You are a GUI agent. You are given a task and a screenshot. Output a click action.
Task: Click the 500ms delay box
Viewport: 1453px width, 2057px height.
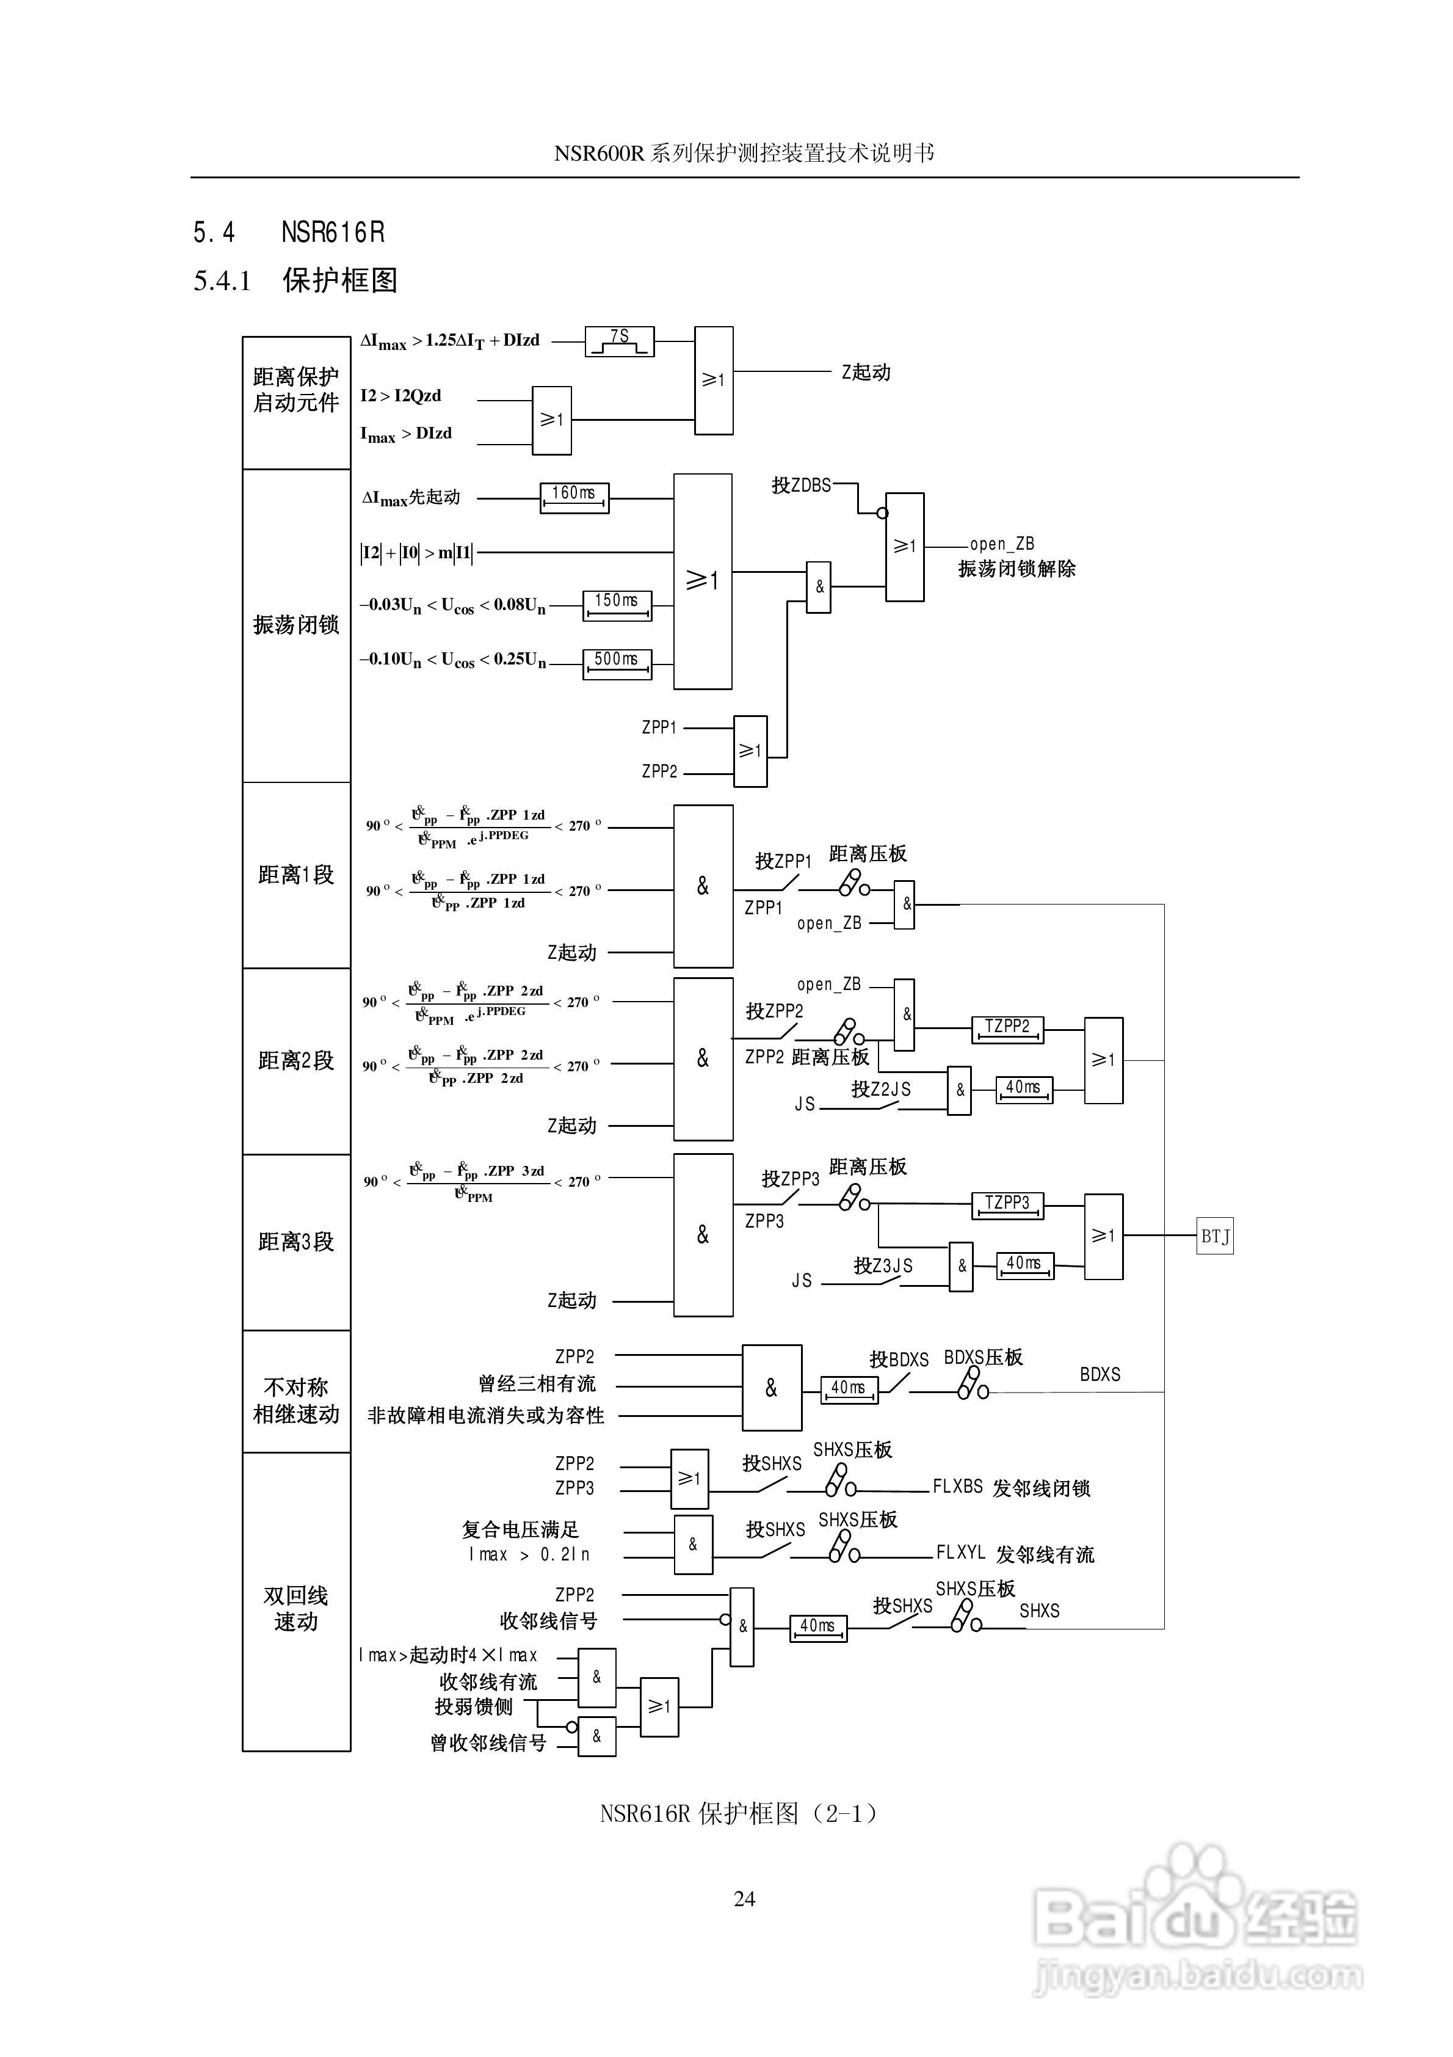click(x=617, y=663)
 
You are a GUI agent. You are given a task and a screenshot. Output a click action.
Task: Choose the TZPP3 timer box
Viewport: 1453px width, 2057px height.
click(x=1008, y=1205)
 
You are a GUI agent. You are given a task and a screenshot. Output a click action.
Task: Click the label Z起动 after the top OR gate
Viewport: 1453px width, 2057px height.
click(x=865, y=372)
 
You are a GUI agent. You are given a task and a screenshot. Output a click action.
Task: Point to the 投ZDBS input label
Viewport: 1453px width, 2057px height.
click(x=801, y=485)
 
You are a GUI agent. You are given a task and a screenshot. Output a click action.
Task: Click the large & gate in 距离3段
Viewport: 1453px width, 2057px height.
click(x=703, y=1234)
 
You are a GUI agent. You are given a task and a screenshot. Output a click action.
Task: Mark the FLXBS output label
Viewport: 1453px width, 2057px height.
click(x=958, y=1487)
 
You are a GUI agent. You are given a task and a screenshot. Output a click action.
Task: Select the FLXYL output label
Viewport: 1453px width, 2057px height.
click(x=960, y=1552)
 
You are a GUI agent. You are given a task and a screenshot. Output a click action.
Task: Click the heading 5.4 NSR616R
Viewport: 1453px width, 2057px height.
click(x=288, y=233)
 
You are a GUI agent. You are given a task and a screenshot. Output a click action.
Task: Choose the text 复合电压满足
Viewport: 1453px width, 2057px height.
click(x=521, y=1529)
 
